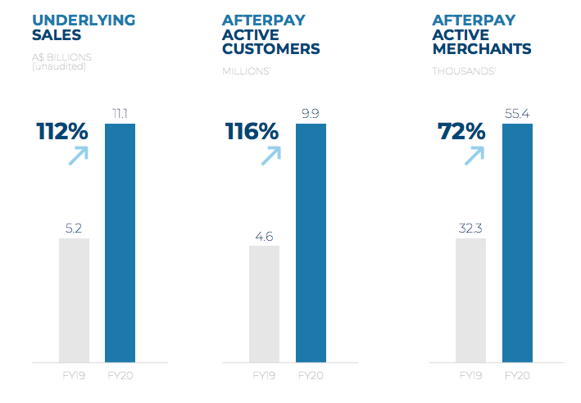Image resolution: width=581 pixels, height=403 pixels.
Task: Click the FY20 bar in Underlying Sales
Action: [x=120, y=242]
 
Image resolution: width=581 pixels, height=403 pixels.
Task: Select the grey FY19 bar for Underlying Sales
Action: [x=74, y=300]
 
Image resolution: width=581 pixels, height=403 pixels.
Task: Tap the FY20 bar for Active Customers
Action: [x=311, y=242]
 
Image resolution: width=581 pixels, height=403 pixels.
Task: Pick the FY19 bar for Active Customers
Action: [x=264, y=303]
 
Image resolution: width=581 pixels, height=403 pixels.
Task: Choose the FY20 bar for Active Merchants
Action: [x=517, y=242]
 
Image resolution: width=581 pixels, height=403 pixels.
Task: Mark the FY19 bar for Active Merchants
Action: [x=470, y=300]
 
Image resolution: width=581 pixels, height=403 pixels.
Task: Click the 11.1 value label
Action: [x=120, y=112]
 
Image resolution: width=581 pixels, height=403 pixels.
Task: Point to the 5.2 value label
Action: [x=74, y=227]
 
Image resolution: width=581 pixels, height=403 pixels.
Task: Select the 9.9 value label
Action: [x=311, y=112]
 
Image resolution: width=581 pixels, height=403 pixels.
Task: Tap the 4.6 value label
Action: [x=264, y=236]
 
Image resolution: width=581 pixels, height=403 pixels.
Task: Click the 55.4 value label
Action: [x=517, y=112]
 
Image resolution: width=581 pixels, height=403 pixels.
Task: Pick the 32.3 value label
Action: [x=470, y=227]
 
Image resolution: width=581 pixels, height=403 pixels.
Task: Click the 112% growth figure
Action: [x=62, y=131]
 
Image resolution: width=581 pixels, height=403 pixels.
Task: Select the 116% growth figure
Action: [x=252, y=131]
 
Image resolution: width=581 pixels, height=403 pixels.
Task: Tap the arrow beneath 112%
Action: [x=78, y=155]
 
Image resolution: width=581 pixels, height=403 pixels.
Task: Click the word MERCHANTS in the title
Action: [x=482, y=49]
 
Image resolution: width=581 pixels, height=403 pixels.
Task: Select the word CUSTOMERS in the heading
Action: [x=270, y=49]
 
